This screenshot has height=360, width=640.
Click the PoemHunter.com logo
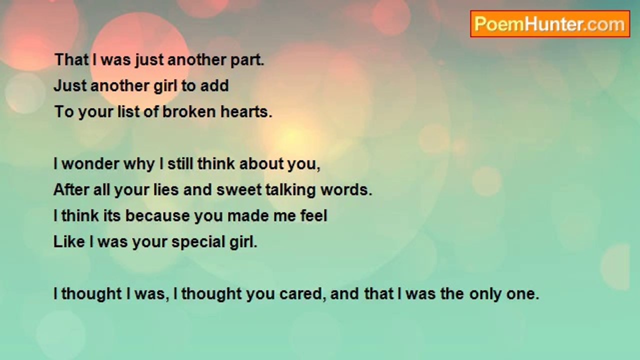[x=550, y=24]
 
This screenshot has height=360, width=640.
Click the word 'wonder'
[x=90, y=163]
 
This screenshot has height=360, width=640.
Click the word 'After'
[x=71, y=189]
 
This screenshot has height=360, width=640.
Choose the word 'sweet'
[x=239, y=189]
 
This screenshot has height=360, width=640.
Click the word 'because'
[x=157, y=215]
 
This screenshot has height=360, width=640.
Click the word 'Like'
[x=69, y=241]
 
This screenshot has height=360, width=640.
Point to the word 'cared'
[x=300, y=293]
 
